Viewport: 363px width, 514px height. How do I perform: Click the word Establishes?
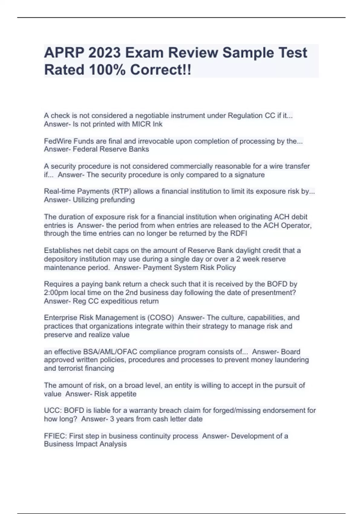[x=63, y=251]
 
